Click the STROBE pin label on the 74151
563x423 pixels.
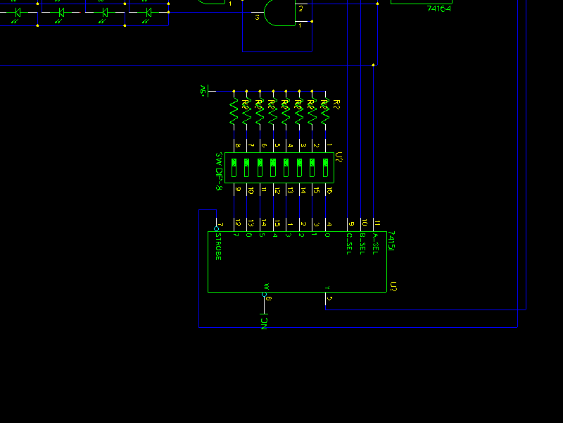click(x=218, y=247)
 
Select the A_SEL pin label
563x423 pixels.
click(x=376, y=244)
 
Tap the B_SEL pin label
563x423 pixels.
click(x=362, y=244)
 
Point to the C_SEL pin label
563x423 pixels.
click(x=349, y=244)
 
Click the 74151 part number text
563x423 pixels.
click(x=392, y=241)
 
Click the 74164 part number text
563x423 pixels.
click(x=439, y=8)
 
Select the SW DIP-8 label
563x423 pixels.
click(x=219, y=171)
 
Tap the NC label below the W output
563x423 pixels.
click(x=265, y=324)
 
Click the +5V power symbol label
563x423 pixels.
click(x=203, y=92)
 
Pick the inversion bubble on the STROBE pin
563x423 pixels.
click(x=217, y=229)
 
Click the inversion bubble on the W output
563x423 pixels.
click(x=265, y=295)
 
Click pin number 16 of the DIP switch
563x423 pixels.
click(x=329, y=190)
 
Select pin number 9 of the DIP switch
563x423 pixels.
click(x=238, y=190)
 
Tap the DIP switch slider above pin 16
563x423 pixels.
click(x=326, y=167)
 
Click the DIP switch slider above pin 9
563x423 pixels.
click(x=234, y=167)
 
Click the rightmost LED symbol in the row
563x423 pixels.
click(x=148, y=13)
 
